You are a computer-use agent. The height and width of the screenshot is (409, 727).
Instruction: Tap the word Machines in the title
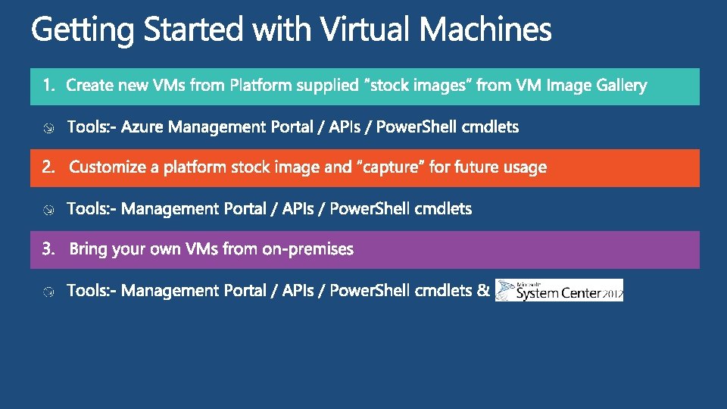[x=485, y=30]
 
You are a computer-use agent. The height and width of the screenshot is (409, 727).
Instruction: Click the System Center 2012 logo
[x=559, y=290]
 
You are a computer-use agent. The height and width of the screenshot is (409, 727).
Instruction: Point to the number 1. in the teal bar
[x=49, y=86]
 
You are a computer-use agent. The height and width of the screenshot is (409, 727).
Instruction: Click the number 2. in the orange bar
[x=49, y=167]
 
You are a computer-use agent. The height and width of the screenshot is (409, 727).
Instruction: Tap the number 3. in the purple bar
[x=49, y=249]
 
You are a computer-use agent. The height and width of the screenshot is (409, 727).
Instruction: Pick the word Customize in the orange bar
[x=108, y=167]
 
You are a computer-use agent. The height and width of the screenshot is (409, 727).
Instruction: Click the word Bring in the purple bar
[x=88, y=249]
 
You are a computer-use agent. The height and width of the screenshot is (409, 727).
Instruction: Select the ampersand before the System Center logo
[x=484, y=290]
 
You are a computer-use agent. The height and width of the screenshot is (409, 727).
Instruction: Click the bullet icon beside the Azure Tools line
[x=48, y=128]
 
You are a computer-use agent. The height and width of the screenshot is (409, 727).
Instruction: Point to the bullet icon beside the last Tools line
[x=48, y=292]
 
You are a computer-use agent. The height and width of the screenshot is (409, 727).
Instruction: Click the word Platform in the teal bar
[x=261, y=86]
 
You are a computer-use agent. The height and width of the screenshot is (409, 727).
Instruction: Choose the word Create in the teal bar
[x=89, y=86]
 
